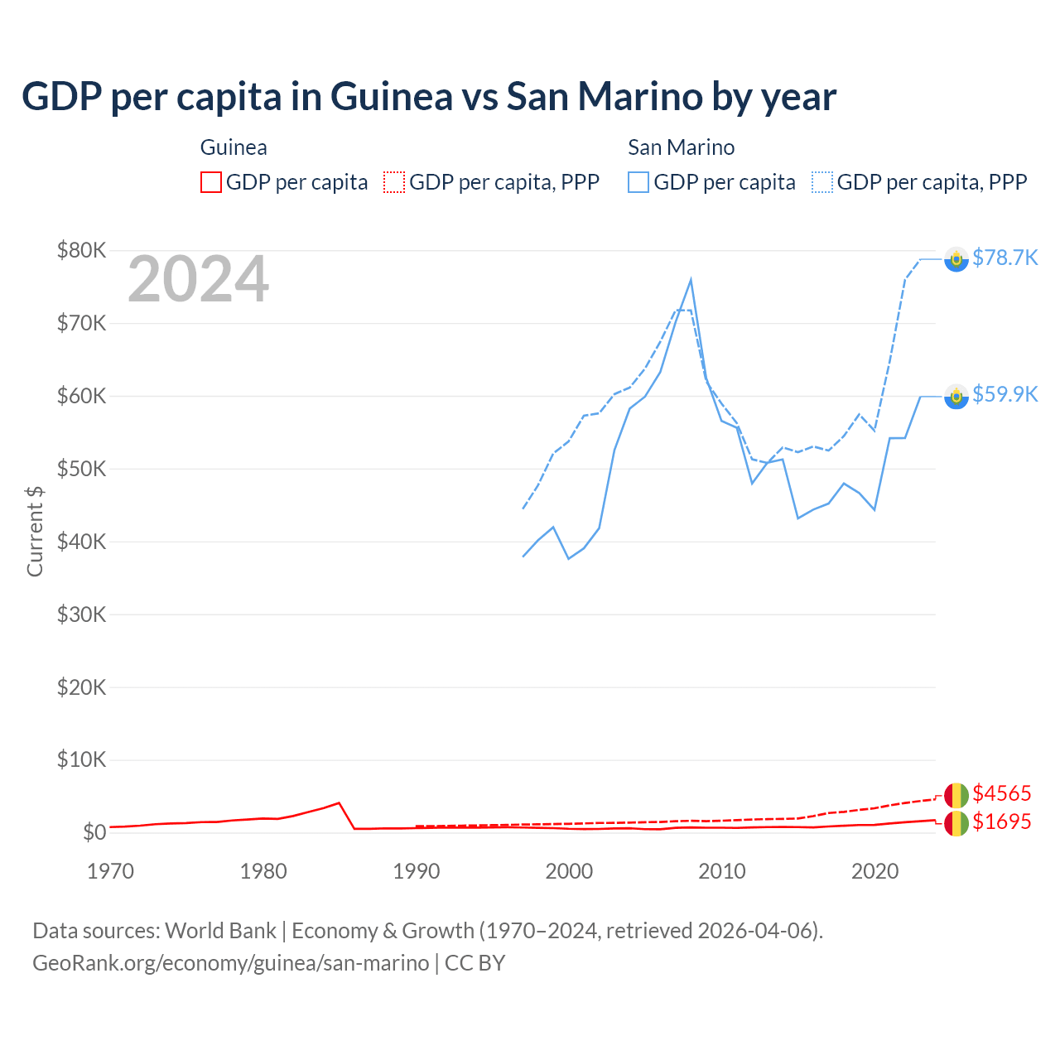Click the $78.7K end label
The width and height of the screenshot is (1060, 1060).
[1005, 258]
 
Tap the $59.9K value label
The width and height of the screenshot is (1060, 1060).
[1005, 394]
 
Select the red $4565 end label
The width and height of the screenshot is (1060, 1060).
[1002, 793]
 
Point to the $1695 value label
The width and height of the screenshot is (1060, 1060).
[1002, 821]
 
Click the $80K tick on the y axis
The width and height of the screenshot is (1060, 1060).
[81, 250]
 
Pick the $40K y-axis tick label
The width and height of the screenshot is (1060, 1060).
[81, 542]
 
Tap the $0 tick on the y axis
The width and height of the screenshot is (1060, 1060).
[94, 832]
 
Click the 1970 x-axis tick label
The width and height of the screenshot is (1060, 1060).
[110, 871]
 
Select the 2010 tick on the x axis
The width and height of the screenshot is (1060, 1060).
[722, 871]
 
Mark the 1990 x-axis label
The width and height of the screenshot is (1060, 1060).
[417, 871]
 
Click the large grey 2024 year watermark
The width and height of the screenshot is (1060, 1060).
[198, 279]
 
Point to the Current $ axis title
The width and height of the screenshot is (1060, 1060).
[35, 531]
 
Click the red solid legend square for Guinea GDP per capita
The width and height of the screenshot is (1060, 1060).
[211, 182]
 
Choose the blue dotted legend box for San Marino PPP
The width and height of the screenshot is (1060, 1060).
[822, 182]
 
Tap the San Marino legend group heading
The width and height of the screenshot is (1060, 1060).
[681, 147]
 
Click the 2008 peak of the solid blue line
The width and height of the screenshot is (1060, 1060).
[691, 280]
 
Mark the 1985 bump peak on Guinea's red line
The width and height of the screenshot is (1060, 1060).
[339, 802]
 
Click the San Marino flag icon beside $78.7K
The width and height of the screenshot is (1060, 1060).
[956, 259]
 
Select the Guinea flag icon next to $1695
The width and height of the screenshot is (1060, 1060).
[956, 823]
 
